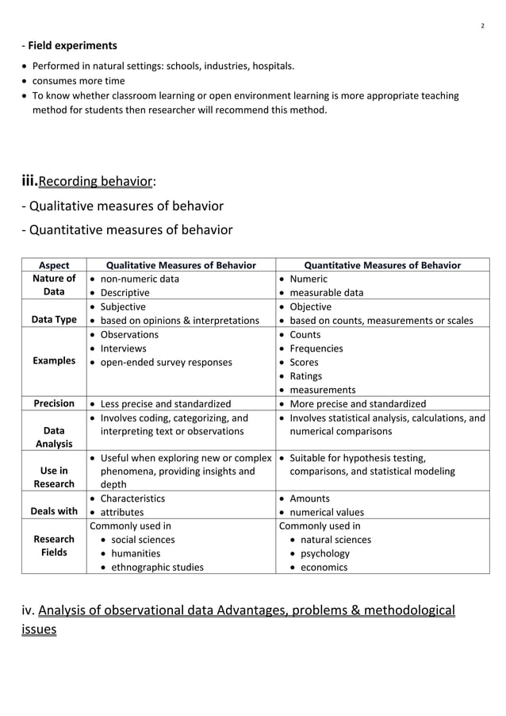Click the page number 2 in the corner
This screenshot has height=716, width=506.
click(x=483, y=26)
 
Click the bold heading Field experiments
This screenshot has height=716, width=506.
click(x=72, y=45)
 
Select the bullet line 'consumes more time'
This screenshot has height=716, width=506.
click(x=78, y=81)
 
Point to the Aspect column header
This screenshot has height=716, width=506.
click(x=54, y=265)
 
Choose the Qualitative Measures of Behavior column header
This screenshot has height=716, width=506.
click(x=181, y=265)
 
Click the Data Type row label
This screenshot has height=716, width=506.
click(x=55, y=320)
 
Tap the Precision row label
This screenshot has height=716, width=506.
click(x=54, y=403)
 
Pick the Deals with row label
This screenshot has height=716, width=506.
click(x=55, y=511)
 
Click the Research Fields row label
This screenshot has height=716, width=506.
click(x=55, y=546)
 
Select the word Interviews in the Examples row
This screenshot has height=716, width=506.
click(x=123, y=348)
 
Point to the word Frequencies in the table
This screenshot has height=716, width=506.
click(x=316, y=348)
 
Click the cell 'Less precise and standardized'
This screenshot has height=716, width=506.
click(x=165, y=404)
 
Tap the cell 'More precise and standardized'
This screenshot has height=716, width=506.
click(x=358, y=404)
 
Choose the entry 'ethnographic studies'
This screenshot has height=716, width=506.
click(x=157, y=567)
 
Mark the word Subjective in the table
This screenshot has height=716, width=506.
click(x=123, y=306)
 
